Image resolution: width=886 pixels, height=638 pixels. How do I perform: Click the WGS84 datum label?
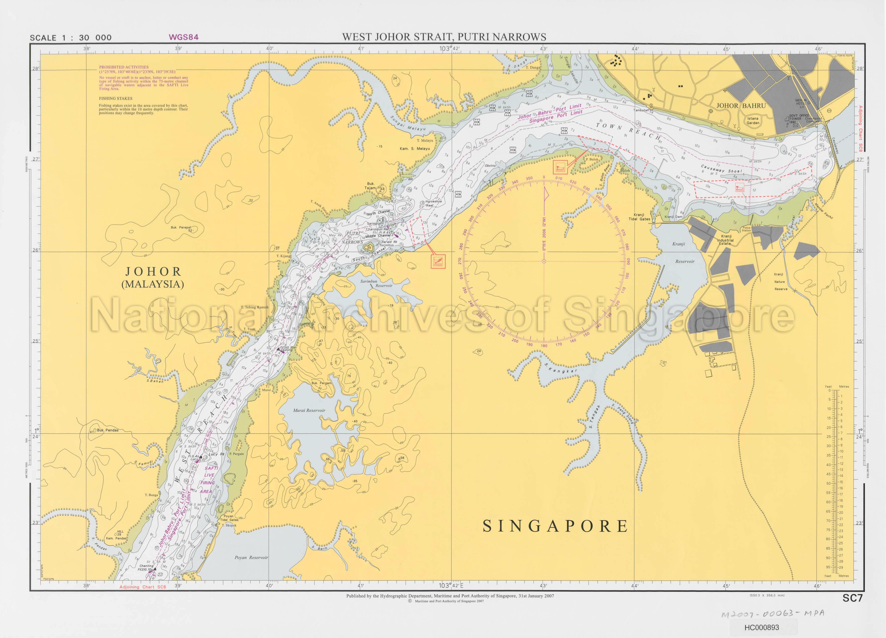183,37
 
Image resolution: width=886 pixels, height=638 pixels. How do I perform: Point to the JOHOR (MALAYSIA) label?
153,277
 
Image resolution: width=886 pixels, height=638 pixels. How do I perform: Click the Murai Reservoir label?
309,410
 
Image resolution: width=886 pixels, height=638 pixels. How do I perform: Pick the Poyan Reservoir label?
251,558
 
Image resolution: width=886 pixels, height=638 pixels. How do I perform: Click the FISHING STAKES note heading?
116,98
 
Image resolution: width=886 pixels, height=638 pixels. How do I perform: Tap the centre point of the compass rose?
544,261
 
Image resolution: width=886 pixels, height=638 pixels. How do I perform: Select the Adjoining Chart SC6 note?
143,587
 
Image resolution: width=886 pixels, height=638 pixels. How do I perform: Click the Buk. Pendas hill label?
107,430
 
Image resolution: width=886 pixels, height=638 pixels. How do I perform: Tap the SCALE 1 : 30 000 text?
71,38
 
